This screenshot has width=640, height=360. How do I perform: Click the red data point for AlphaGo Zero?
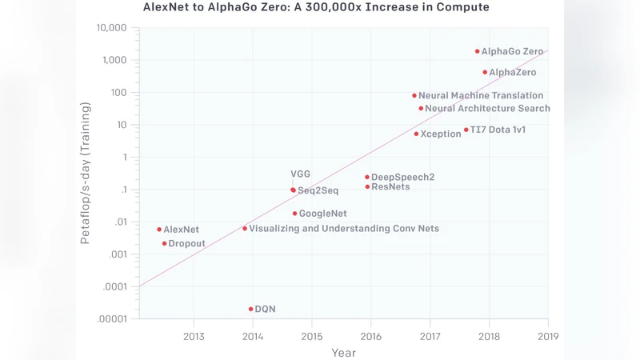pos(478,51)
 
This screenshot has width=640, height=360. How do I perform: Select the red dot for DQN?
pos(251,309)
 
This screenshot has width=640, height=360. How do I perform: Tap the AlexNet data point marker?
pos(159,230)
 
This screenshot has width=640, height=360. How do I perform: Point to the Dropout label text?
pos(186,243)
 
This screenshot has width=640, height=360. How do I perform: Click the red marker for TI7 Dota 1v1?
pos(466,130)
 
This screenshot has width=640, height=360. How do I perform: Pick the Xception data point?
pos(416,134)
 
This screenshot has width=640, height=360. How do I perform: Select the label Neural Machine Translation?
pos(480,95)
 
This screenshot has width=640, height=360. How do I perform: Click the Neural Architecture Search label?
pos(487,108)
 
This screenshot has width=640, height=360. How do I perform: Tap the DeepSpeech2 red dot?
pos(367,177)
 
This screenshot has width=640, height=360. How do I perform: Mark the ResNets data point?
pos(367,186)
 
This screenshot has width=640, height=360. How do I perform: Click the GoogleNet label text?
pos(322,214)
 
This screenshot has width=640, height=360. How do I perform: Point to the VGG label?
pos(300,174)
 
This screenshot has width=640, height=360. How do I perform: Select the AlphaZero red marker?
pos(485,72)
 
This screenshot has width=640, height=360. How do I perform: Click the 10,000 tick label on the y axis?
pos(111,28)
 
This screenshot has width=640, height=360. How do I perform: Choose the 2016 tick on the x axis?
pos(371,336)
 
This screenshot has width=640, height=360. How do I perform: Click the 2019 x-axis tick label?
pos(548,336)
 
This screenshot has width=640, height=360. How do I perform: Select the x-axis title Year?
pos(343,352)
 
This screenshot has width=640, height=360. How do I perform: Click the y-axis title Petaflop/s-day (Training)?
pos(85,173)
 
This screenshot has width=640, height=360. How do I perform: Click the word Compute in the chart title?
pos(461,7)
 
